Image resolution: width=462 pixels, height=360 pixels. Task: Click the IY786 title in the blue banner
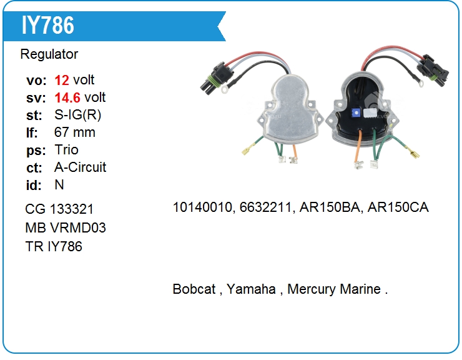point(47,26)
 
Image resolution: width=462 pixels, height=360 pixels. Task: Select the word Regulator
point(49,54)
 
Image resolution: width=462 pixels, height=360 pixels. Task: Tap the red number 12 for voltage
point(62,80)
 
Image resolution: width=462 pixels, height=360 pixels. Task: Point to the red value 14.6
point(67,98)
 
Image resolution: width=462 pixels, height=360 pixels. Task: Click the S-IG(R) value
point(78,115)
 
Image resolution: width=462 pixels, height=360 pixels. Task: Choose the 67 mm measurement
point(75,132)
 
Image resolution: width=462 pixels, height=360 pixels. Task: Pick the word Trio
point(67,150)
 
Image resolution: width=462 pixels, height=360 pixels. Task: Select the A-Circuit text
point(80,167)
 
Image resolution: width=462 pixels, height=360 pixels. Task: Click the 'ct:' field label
point(34,168)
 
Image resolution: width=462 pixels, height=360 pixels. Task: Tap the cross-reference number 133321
point(72,209)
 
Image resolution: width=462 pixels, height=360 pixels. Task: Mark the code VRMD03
point(78,227)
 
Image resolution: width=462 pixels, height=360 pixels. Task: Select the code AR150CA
point(398,207)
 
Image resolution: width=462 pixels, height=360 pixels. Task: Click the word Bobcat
point(194,289)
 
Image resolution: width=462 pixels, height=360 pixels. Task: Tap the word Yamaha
point(251,289)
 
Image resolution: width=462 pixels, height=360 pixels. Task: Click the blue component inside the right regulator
point(356,113)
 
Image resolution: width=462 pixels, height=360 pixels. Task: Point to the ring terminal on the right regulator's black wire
point(420,84)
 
